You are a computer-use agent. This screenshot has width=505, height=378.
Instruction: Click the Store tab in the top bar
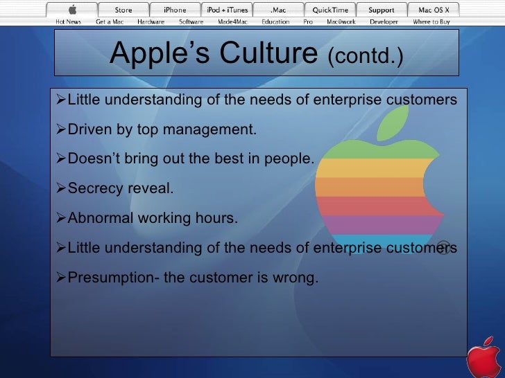123,10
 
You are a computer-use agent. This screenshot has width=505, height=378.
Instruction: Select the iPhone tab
174,10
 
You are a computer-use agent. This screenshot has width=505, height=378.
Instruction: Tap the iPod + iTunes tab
226,10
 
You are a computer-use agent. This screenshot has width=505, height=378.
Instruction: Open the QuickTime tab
330,10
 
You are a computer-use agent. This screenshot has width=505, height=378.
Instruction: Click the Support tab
381,10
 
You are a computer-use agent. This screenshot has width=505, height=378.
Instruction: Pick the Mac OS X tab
434,10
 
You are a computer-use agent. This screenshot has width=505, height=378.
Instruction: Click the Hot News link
69,21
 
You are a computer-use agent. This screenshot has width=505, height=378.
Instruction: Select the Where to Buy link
431,21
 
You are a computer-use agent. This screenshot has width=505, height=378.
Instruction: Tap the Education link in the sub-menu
275,21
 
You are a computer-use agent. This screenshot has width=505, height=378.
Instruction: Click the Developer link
384,21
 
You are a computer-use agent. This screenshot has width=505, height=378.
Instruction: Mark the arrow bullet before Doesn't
60,159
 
